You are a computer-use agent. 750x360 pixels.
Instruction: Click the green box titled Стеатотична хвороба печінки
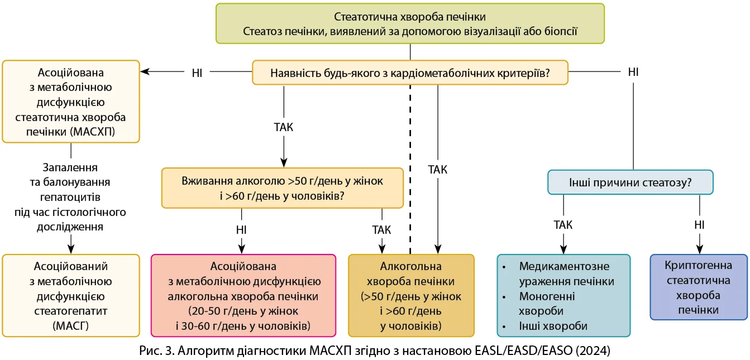[410, 23]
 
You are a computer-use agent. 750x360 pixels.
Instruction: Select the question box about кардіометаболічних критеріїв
[410, 73]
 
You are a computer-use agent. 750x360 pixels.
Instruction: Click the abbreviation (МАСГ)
[70, 325]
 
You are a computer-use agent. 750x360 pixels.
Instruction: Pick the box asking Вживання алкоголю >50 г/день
[283, 189]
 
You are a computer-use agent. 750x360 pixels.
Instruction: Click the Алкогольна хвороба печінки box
[410, 295]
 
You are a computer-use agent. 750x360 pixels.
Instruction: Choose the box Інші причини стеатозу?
[630, 182]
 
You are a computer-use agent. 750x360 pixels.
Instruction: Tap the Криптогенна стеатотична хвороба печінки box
[699, 287]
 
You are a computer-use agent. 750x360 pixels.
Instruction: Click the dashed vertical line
[410, 167]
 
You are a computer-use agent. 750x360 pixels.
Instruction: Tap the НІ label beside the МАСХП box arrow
[197, 72]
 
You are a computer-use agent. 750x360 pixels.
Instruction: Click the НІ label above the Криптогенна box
[699, 225]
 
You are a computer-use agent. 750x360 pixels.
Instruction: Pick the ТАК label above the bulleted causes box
[563, 225]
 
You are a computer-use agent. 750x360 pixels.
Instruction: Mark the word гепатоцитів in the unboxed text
[70, 197]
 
